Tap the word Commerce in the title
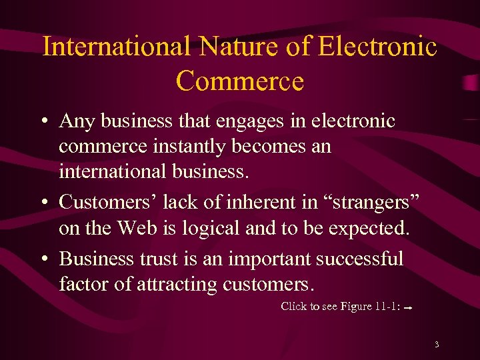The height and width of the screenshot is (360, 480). click(x=240, y=81)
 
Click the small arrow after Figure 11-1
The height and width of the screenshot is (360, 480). click(x=408, y=308)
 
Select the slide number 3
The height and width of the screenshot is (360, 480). click(x=436, y=345)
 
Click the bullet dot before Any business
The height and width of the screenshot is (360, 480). click(x=43, y=122)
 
